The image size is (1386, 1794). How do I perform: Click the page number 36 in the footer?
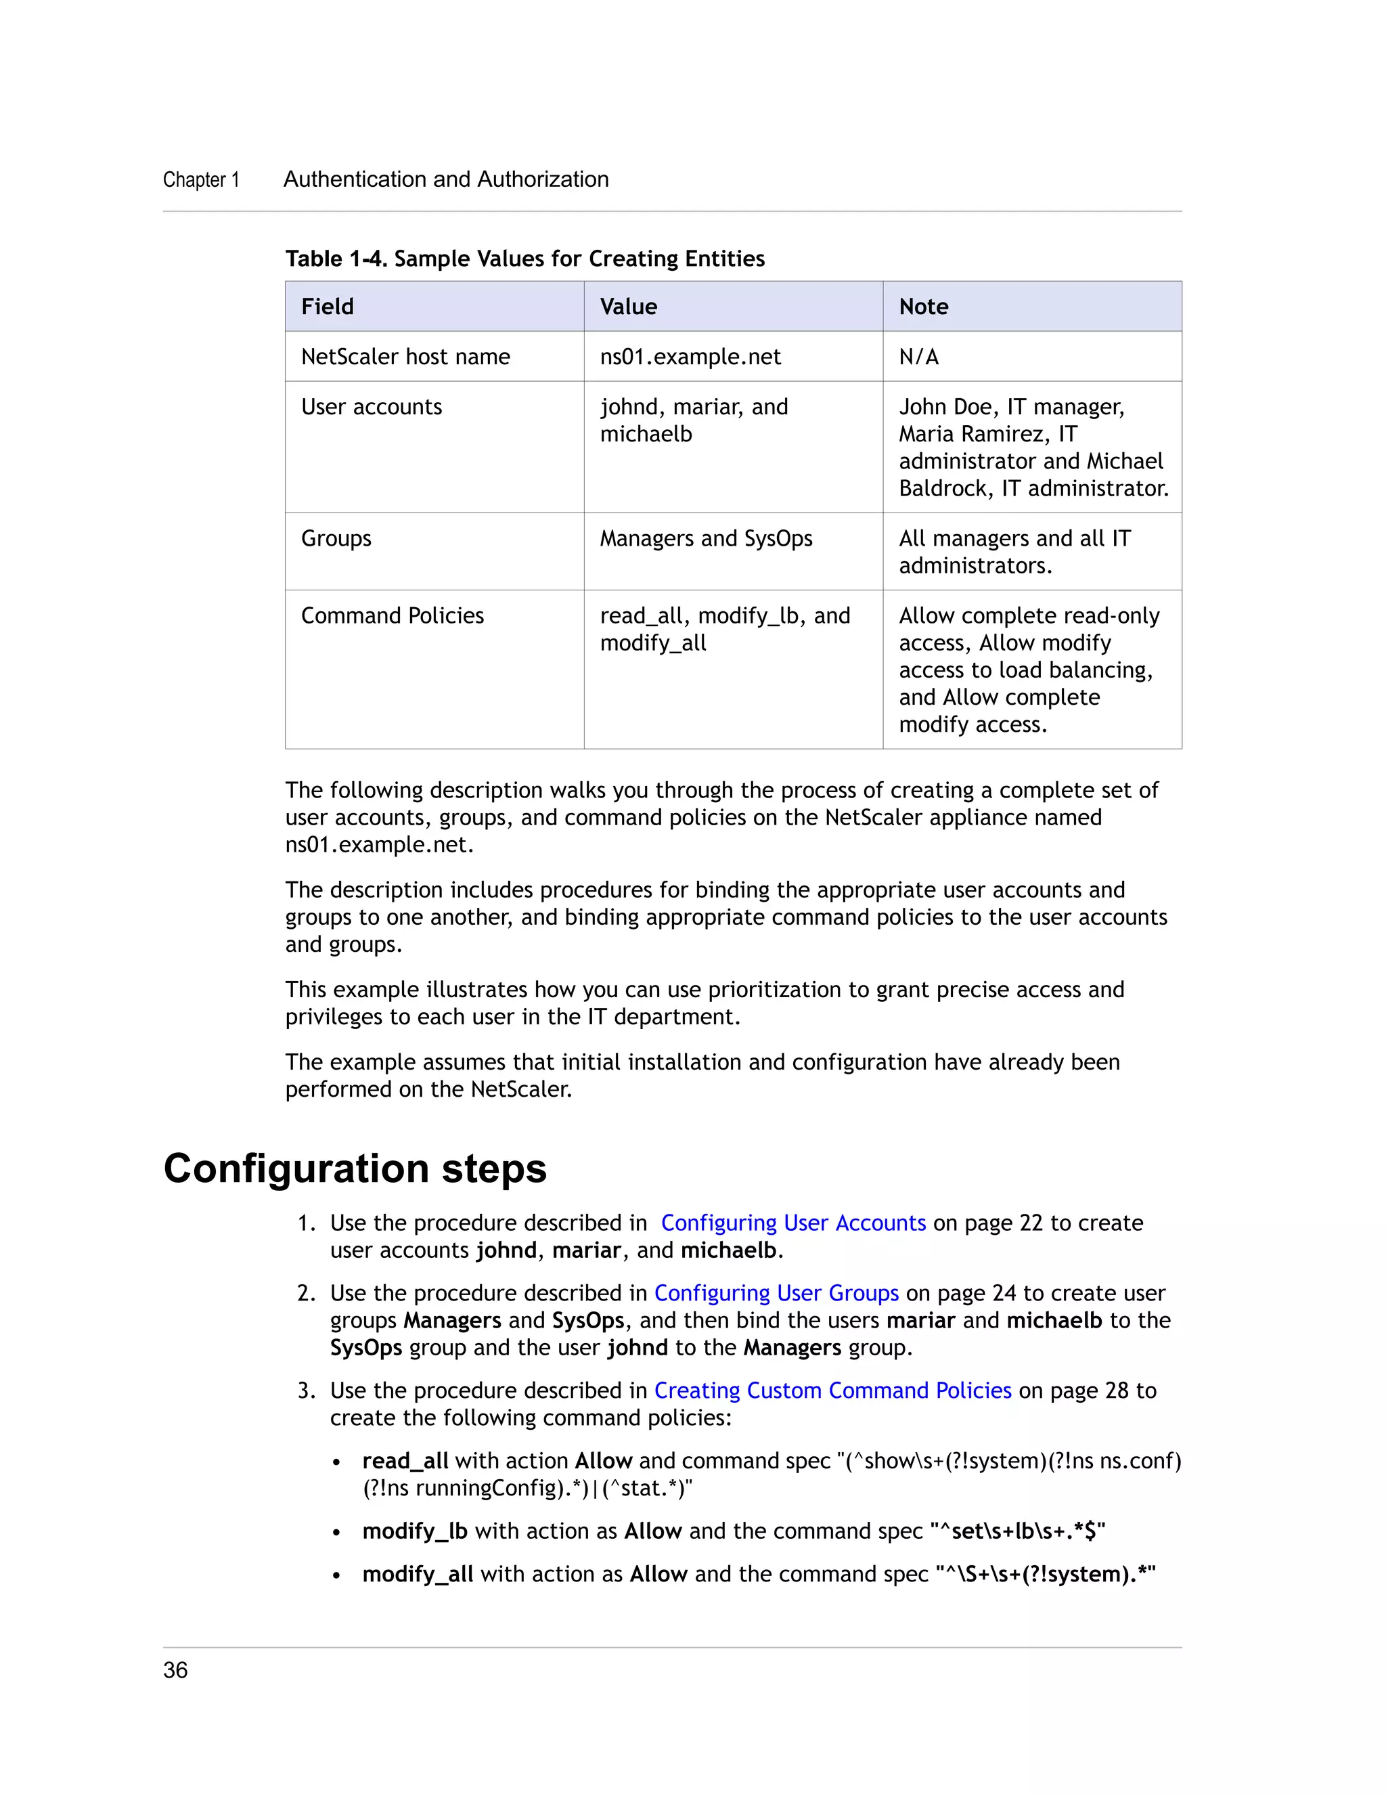pos(175,1670)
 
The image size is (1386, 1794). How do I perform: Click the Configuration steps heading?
pos(355,1168)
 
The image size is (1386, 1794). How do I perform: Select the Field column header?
pos(327,307)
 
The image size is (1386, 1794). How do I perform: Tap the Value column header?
pos(628,307)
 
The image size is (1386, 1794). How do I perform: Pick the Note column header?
pos(923,307)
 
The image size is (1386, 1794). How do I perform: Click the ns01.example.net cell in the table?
pos(690,357)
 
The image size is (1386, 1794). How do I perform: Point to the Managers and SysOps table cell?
pos(705,538)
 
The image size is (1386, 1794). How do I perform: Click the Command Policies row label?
pos(392,615)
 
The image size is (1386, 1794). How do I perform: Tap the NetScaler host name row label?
pos(405,357)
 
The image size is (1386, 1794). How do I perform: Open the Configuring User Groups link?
pos(776,1293)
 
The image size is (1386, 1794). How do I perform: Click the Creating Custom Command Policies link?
pos(832,1390)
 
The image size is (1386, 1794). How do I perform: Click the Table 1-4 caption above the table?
pos(524,259)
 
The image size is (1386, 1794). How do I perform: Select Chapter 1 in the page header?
pos(201,180)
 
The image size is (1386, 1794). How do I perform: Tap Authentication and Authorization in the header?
pos(446,179)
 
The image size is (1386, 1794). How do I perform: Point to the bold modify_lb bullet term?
pos(415,1531)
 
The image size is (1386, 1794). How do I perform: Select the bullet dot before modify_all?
pos(336,1575)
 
